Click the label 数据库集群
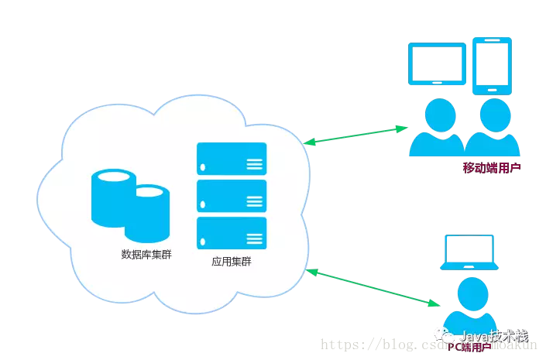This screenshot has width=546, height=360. (146, 254)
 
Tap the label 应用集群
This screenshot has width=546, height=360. (232, 262)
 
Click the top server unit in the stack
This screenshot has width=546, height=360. (232, 158)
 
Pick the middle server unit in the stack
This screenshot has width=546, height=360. (232, 196)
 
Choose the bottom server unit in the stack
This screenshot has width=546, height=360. (232, 233)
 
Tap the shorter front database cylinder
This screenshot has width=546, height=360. (147, 212)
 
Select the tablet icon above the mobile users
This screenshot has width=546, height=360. (437, 64)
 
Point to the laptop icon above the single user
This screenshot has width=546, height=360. (469, 252)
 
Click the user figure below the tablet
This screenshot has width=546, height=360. (436, 128)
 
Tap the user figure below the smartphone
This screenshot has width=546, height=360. (491, 128)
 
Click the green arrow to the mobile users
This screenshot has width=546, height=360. (356, 134)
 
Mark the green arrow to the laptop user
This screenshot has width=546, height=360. (369, 286)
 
